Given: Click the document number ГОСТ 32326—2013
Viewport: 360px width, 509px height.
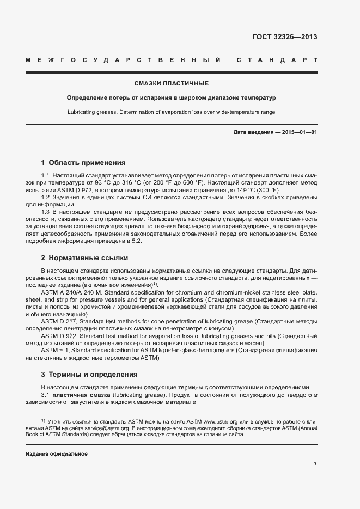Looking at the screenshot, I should [x=284, y=37].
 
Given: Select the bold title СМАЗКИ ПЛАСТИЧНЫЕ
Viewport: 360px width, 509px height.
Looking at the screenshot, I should [x=171, y=83].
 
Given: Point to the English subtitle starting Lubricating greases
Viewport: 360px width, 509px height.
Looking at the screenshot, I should [x=171, y=112].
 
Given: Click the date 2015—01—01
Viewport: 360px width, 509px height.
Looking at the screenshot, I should [x=300, y=132].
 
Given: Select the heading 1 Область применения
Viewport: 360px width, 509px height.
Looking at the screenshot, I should [x=83, y=162].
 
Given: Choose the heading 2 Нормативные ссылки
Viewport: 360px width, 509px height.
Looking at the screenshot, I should [x=84, y=257].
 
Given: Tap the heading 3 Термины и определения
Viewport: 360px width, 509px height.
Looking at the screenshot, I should [x=89, y=375].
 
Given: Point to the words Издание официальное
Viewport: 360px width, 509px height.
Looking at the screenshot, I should [x=57, y=453].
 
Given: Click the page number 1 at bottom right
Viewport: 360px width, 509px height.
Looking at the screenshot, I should [x=315, y=464].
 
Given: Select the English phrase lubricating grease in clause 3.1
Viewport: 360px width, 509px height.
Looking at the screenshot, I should [x=138, y=394].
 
